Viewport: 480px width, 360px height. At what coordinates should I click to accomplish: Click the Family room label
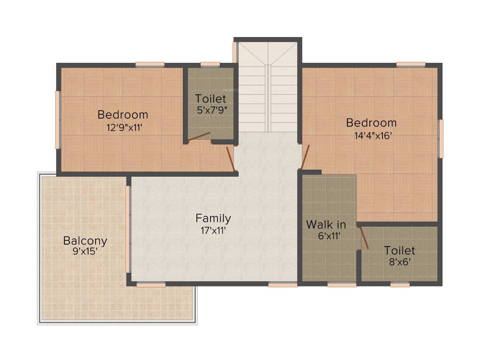pos(213,218)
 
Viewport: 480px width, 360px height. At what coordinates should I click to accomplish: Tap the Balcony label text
pos(85,241)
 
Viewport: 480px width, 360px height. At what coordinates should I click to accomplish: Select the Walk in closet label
pos(326,225)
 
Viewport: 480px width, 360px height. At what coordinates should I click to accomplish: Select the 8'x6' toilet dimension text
pos(399,262)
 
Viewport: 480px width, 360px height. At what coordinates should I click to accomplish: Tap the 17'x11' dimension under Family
pos(213,230)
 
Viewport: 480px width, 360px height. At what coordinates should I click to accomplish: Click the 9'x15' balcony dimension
pos(85,252)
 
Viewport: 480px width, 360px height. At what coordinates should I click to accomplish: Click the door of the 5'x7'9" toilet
pos(199,136)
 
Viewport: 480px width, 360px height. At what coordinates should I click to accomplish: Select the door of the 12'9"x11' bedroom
pos(230,158)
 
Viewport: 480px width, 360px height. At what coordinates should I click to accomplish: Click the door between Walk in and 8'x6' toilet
pos(364,238)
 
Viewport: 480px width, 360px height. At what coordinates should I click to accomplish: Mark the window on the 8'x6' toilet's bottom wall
pos(400,284)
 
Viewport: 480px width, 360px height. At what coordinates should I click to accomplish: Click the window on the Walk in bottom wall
pos(342,284)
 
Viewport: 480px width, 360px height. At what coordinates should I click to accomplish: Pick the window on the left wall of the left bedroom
pos(58,119)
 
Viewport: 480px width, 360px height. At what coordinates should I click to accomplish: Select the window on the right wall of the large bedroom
pos(440,138)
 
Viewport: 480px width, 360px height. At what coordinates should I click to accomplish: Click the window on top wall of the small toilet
pos(210,65)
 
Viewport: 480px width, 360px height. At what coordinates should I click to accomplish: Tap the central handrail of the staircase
pos(268,98)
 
